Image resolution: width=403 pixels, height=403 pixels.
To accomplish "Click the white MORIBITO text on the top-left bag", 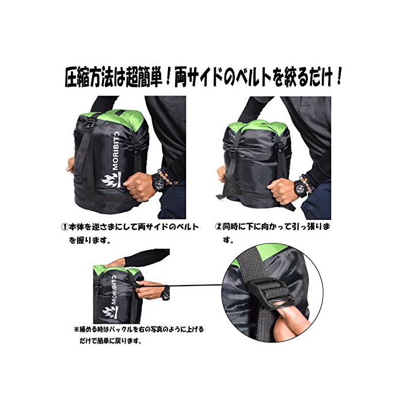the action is pyautogui.click(x=116, y=151).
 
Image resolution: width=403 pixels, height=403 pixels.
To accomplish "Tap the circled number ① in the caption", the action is pyautogui.click(x=64, y=227).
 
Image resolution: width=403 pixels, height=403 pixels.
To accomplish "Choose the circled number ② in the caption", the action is pyautogui.click(x=218, y=227).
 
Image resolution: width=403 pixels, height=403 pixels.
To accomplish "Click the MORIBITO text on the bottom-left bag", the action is pyautogui.click(x=113, y=290).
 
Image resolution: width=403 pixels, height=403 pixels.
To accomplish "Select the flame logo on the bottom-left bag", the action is pyautogui.click(x=111, y=312).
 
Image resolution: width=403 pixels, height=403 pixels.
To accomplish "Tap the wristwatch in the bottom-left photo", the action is pyautogui.click(x=166, y=293).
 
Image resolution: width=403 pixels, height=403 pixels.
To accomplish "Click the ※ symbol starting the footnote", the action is pyautogui.click(x=76, y=329).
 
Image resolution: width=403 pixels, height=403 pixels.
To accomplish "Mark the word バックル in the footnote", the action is pyautogui.click(x=123, y=329).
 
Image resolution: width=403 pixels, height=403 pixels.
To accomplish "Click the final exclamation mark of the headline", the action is pyautogui.click(x=339, y=77).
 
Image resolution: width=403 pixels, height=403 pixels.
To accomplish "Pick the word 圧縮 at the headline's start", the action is pyautogui.click(x=77, y=77).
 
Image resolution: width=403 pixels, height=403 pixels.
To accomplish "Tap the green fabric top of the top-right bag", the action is pyautogui.click(x=260, y=127).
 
